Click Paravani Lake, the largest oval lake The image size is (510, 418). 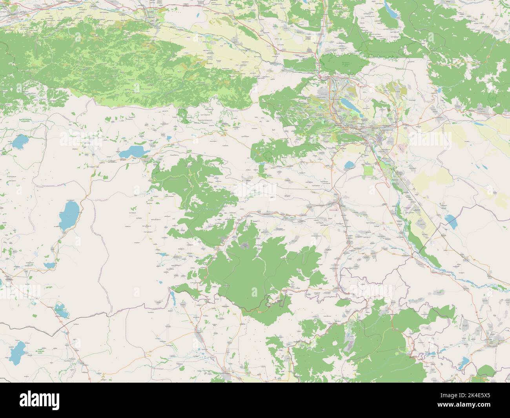(x=69, y=215)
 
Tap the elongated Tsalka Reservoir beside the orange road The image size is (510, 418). (x=132, y=151)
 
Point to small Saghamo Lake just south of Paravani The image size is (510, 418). (x=49, y=266)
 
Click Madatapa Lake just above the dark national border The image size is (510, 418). (x=60, y=310)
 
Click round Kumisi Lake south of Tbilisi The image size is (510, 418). (x=348, y=166)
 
